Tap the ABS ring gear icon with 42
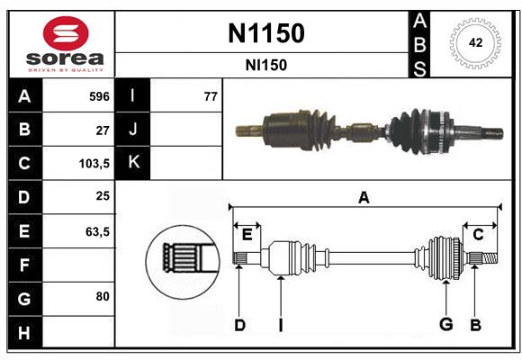[x=473, y=42]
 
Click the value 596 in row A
[x=98, y=96]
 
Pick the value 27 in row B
[x=102, y=130]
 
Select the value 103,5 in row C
[x=94, y=164]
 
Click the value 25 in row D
[x=102, y=197]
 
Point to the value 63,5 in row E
[x=97, y=231]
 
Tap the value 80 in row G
[x=102, y=296]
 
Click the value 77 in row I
[x=211, y=96]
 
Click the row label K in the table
[x=133, y=163]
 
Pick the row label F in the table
[x=23, y=265]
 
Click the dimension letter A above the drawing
[x=364, y=197]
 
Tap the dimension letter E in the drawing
[x=247, y=234]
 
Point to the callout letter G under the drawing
[x=444, y=325]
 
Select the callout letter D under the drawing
[x=239, y=325]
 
